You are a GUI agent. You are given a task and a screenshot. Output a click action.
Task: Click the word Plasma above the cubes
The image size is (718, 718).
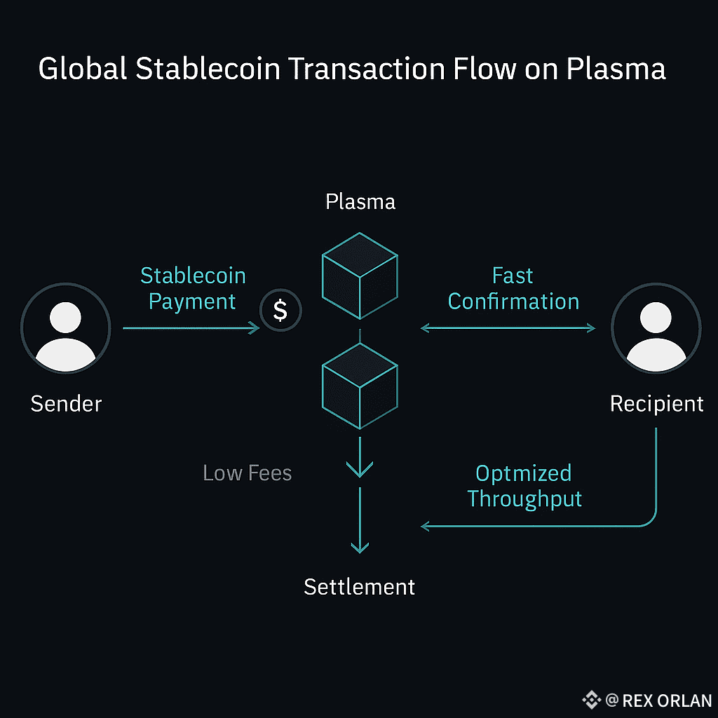click(360, 202)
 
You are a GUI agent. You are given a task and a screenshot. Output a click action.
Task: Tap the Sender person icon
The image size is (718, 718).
click(66, 327)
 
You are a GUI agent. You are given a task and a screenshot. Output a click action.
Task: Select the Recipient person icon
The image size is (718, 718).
click(656, 327)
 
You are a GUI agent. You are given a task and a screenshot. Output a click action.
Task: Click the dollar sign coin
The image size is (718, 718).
click(280, 310)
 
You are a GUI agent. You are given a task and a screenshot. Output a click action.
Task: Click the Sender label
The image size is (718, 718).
click(66, 404)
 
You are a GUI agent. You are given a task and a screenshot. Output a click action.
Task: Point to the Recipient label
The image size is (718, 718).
click(656, 404)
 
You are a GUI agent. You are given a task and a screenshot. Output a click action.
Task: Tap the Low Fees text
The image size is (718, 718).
click(247, 473)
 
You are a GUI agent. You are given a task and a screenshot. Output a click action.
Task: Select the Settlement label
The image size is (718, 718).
click(360, 586)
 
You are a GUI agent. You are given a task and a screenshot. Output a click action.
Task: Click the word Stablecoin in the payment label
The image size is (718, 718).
click(193, 276)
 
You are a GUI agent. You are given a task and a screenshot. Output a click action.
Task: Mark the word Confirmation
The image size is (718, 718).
click(513, 302)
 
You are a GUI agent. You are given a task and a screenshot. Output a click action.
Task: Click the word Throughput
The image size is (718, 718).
click(524, 499)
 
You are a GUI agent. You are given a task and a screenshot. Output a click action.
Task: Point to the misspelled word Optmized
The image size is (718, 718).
click(523, 474)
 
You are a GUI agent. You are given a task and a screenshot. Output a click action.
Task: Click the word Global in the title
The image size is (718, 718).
click(83, 70)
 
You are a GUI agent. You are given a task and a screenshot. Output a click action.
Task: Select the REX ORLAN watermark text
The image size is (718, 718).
click(667, 700)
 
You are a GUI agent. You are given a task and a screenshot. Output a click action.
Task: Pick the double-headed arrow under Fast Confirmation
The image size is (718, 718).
click(508, 327)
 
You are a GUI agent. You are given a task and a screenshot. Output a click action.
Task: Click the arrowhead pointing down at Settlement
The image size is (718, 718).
click(360, 546)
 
